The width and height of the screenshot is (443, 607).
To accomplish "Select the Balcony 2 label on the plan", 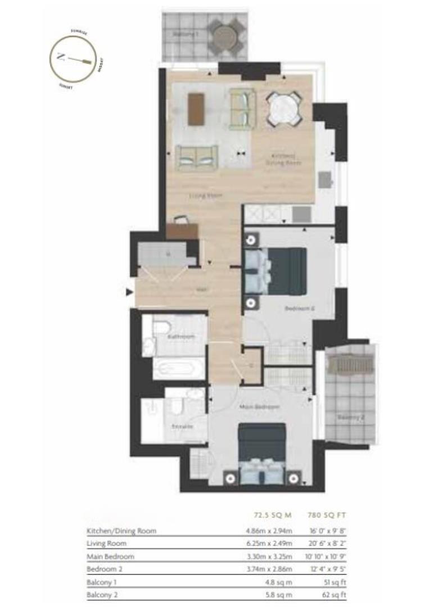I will (351, 418).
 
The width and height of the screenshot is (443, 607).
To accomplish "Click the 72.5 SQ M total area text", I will (269, 514).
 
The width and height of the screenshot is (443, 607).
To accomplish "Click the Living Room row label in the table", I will (106, 543).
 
